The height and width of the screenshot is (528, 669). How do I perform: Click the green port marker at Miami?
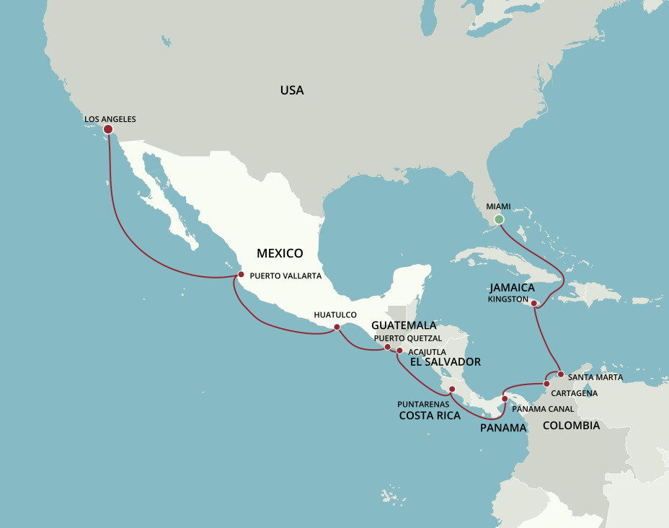(x=499, y=219)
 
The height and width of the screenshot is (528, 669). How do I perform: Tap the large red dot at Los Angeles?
(x=108, y=130)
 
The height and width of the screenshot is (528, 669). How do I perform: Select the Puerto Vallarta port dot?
(x=242, y=275)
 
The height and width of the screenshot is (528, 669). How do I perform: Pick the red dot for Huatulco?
(x=337, y=327)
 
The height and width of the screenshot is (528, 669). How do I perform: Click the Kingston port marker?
(x=534, y=304)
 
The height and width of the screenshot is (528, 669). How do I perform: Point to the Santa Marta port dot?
(x=560, y=374)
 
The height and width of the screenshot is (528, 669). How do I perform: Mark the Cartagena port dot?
(x=546, y=383)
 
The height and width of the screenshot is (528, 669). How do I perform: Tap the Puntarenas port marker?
(x=452, y=390)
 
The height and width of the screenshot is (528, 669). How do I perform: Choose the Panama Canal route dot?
(x=505, y=399)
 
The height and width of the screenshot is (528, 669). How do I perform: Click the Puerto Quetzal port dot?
(x=387, y=347)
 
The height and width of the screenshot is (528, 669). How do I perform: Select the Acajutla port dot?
(x=400, y=351)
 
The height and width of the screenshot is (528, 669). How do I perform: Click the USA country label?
(x=292, y=90)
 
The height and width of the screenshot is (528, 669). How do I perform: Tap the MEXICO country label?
(x=280, y=253)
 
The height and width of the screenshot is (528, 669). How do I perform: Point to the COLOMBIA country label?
(x=571, y=426)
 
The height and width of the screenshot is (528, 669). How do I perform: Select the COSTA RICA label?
(x=430, y=415)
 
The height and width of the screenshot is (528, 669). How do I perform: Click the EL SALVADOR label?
(x=445, y=362)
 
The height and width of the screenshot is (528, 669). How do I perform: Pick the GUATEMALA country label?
(x=404, y=325)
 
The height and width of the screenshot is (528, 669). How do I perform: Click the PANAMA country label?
(x=503, y=428)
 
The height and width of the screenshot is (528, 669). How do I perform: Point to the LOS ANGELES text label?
(x=110, y=119)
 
